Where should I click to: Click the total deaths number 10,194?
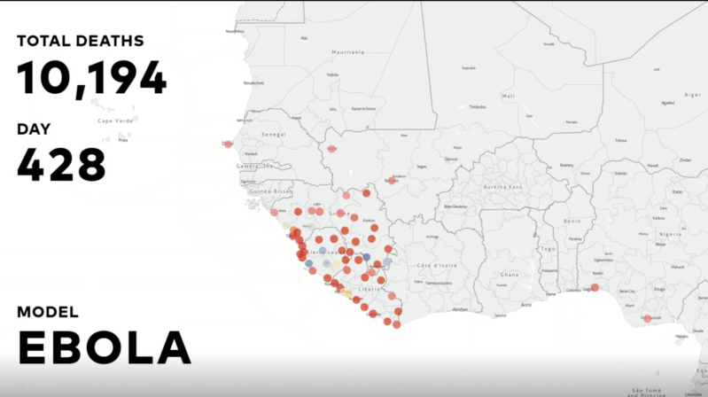click(91, 78)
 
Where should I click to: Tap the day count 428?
click(61, 164)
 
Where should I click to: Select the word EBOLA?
click(105, 348)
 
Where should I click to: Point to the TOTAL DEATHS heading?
click(80, 41)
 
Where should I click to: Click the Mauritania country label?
click(348, 52)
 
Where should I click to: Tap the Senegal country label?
click(273, 134)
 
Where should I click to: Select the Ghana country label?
click(509, 274)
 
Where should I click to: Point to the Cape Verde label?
click(114, 121)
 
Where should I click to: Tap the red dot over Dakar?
click(228, 144)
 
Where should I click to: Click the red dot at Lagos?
click(595, 287)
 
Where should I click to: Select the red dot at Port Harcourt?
click(648, 318)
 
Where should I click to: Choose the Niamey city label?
click(566, 165)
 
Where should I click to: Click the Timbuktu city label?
click(478, 106)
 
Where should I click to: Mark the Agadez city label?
click(667, 102)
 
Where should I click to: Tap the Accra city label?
click(525, 304)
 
